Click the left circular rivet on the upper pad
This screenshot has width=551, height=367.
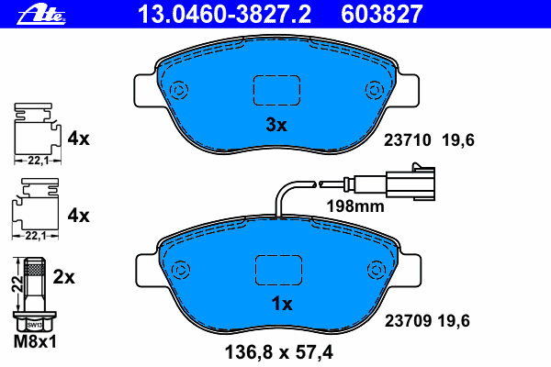(178, 90)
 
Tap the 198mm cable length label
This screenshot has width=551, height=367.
(355, 206)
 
